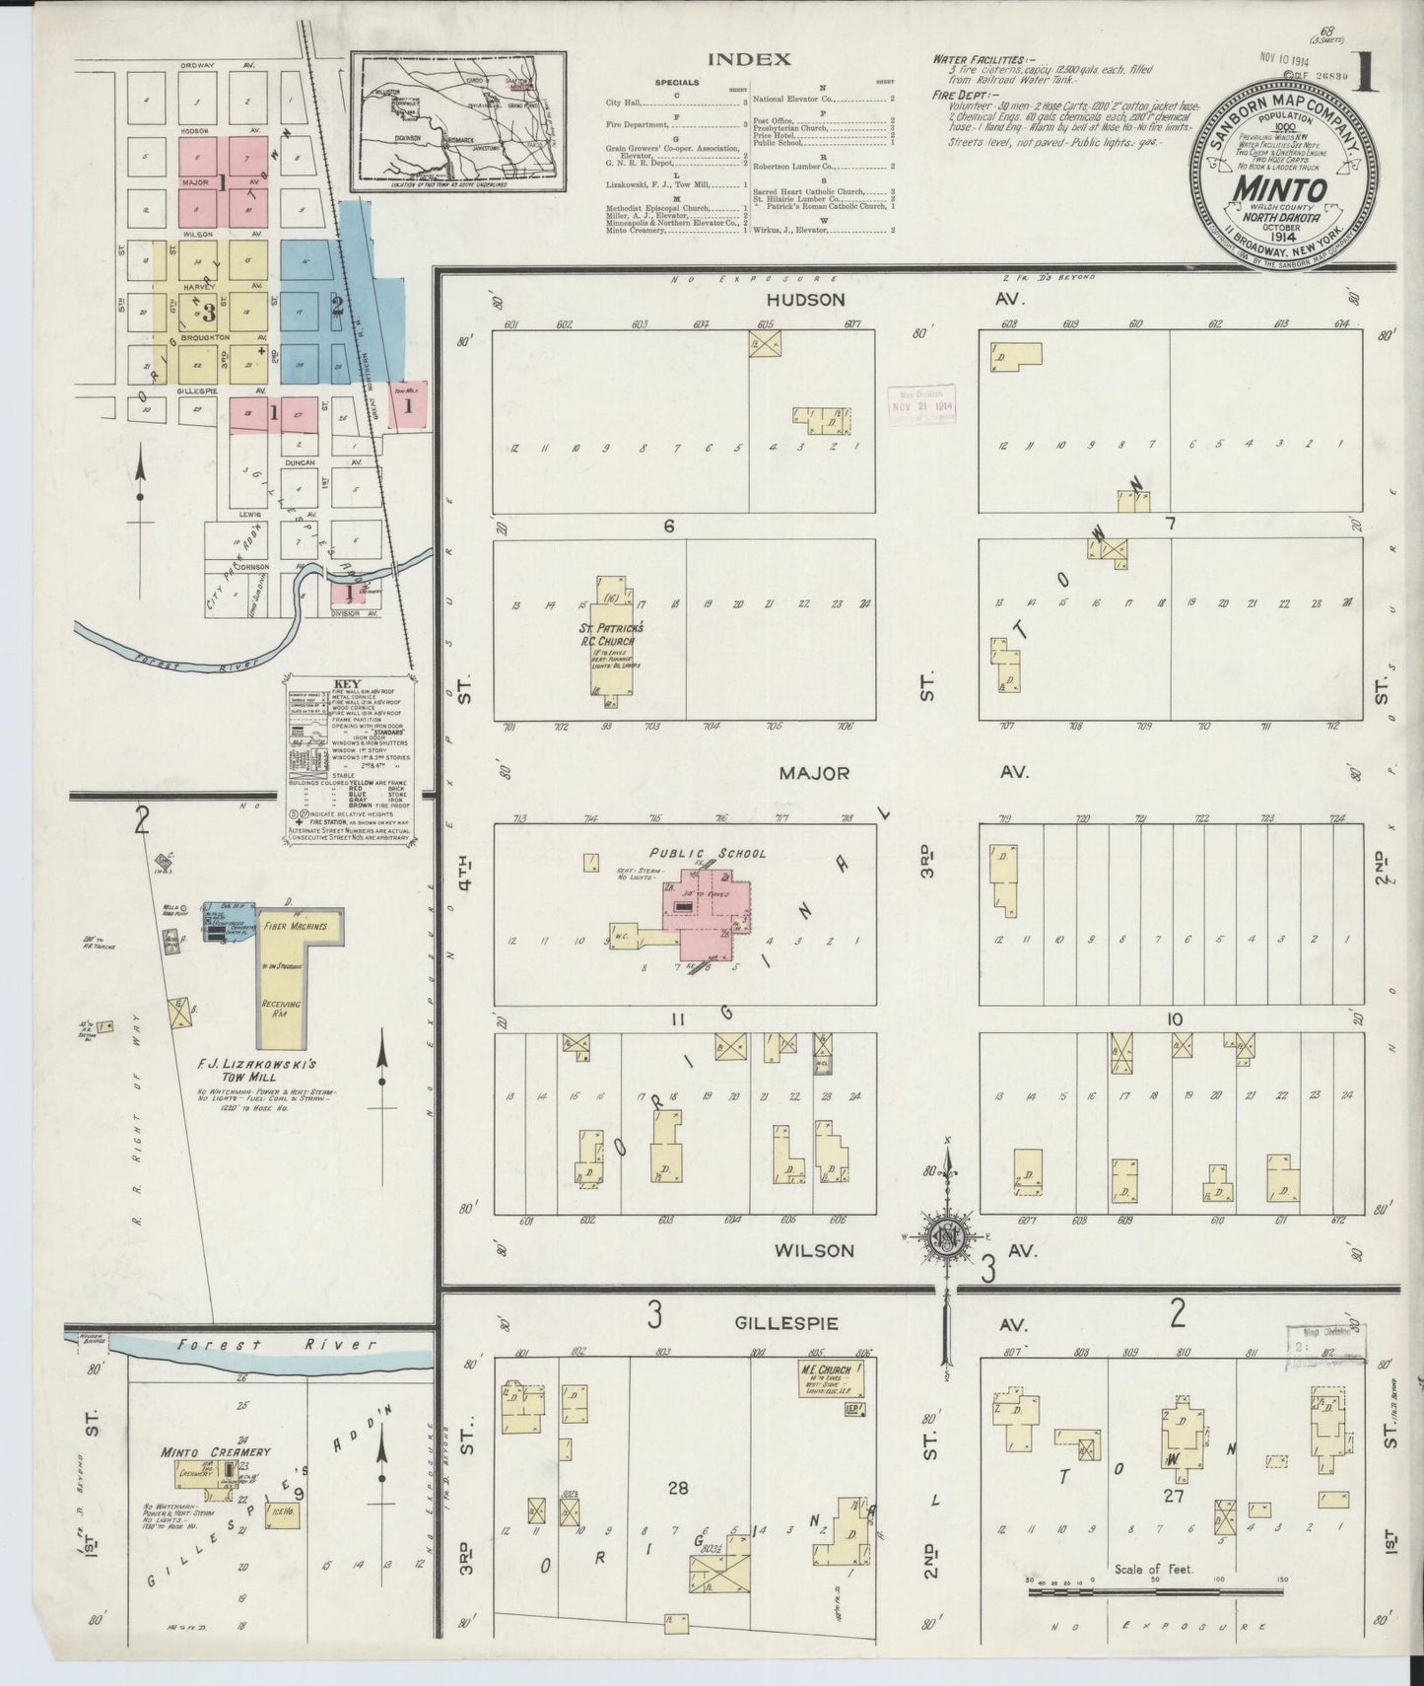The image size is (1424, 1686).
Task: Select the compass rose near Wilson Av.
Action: click(946, 1236)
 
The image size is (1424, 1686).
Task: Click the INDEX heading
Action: click(750, 59)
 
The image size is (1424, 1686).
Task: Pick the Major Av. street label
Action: click(814, 774)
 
